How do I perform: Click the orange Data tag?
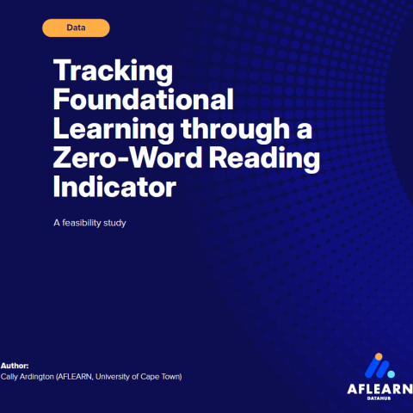point(76,28)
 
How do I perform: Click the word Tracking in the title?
point(113,70)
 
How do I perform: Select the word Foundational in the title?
point(143,99)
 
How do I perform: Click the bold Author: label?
point(15,366)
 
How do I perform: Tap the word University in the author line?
point(115,377)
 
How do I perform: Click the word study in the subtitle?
point(126,225)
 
